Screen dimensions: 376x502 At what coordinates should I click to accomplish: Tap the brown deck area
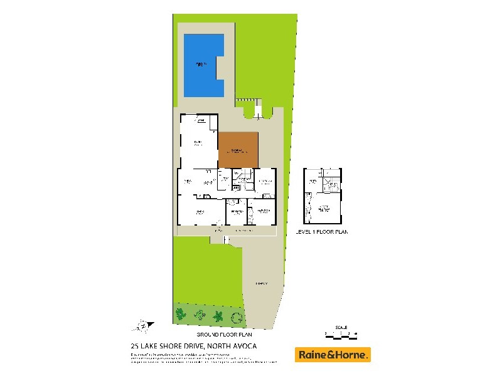[238, 149]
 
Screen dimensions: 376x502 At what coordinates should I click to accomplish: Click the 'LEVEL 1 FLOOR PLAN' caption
[322, 232]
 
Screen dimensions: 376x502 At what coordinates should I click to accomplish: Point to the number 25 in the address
[133, 345]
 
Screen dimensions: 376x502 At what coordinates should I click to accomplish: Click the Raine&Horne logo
[333, 355]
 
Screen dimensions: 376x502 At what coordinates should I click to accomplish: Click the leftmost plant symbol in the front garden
[181, 313]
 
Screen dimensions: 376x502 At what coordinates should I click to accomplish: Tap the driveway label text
[262, 284]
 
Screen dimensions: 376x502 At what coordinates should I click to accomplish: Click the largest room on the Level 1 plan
[324, 209]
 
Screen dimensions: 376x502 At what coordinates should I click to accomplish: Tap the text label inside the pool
[200, 63]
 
